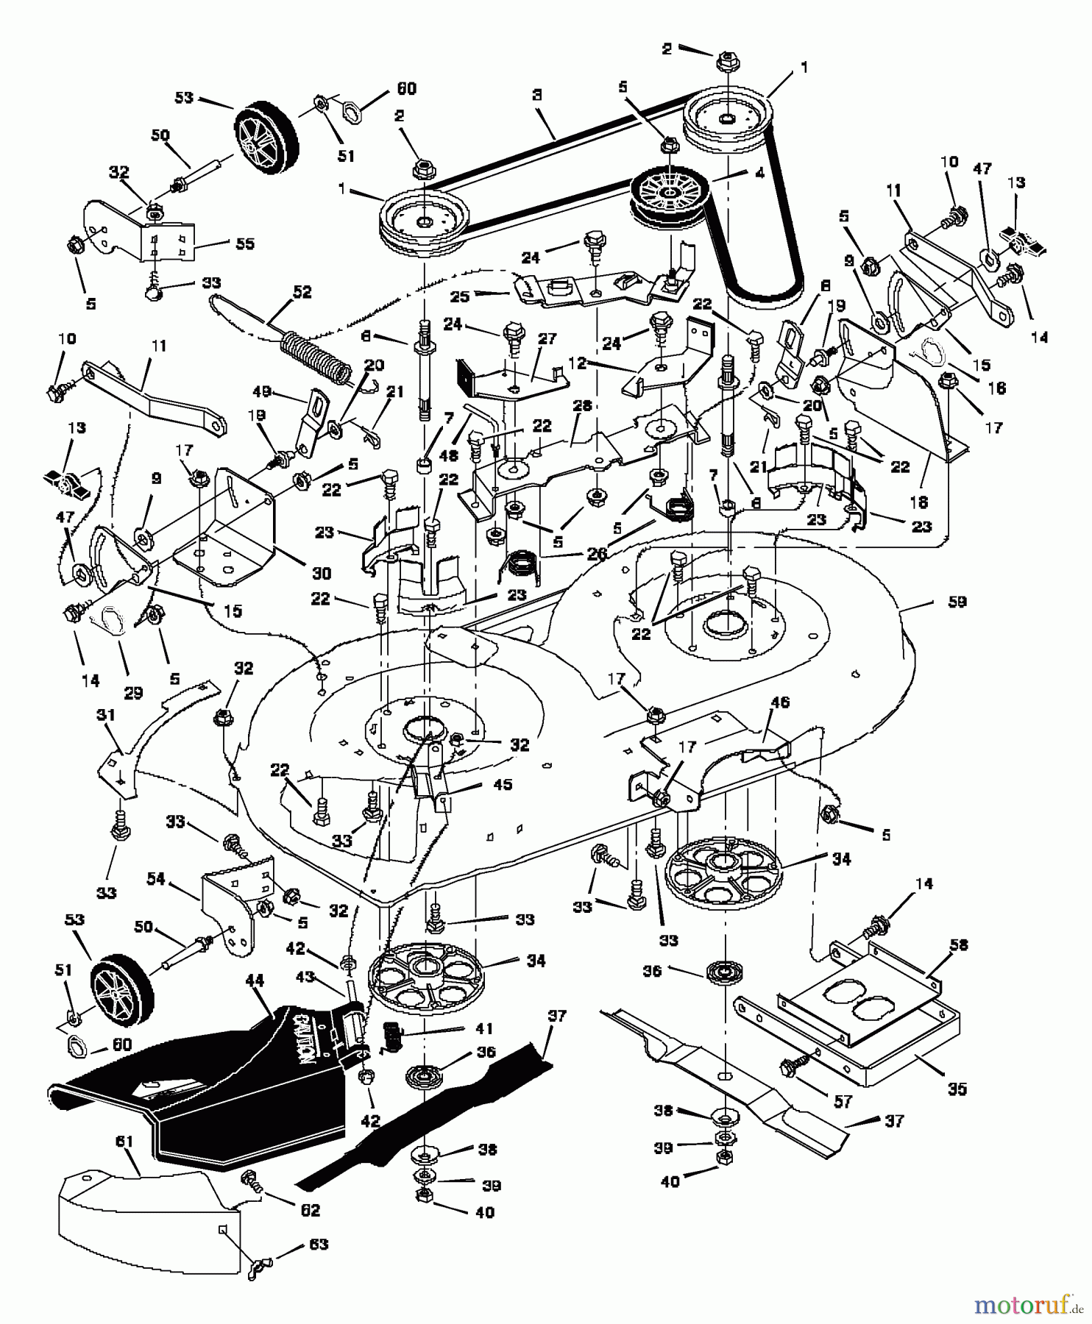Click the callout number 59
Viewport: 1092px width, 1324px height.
point(957,602)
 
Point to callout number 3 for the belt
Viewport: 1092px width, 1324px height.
point(538,95)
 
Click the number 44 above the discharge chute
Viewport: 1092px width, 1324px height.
point(255,980)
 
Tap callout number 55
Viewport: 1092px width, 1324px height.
point(244,243)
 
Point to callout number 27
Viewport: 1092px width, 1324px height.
point(546,338)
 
